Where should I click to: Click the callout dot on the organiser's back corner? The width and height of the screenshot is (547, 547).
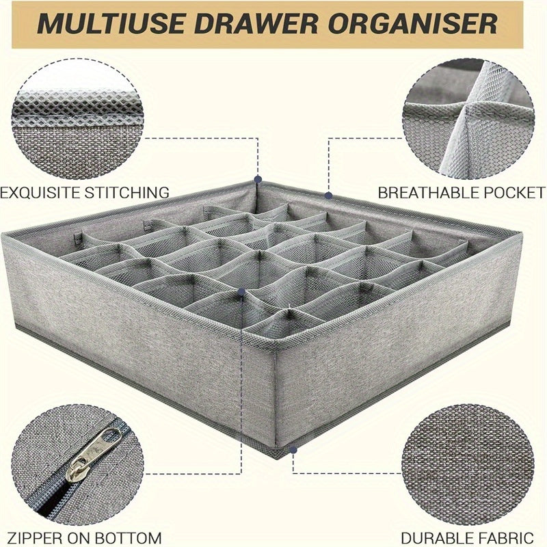coord(258,180)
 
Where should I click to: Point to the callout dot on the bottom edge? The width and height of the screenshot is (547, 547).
coord(293,450)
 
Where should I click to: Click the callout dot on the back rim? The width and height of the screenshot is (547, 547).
coord(329,195)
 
